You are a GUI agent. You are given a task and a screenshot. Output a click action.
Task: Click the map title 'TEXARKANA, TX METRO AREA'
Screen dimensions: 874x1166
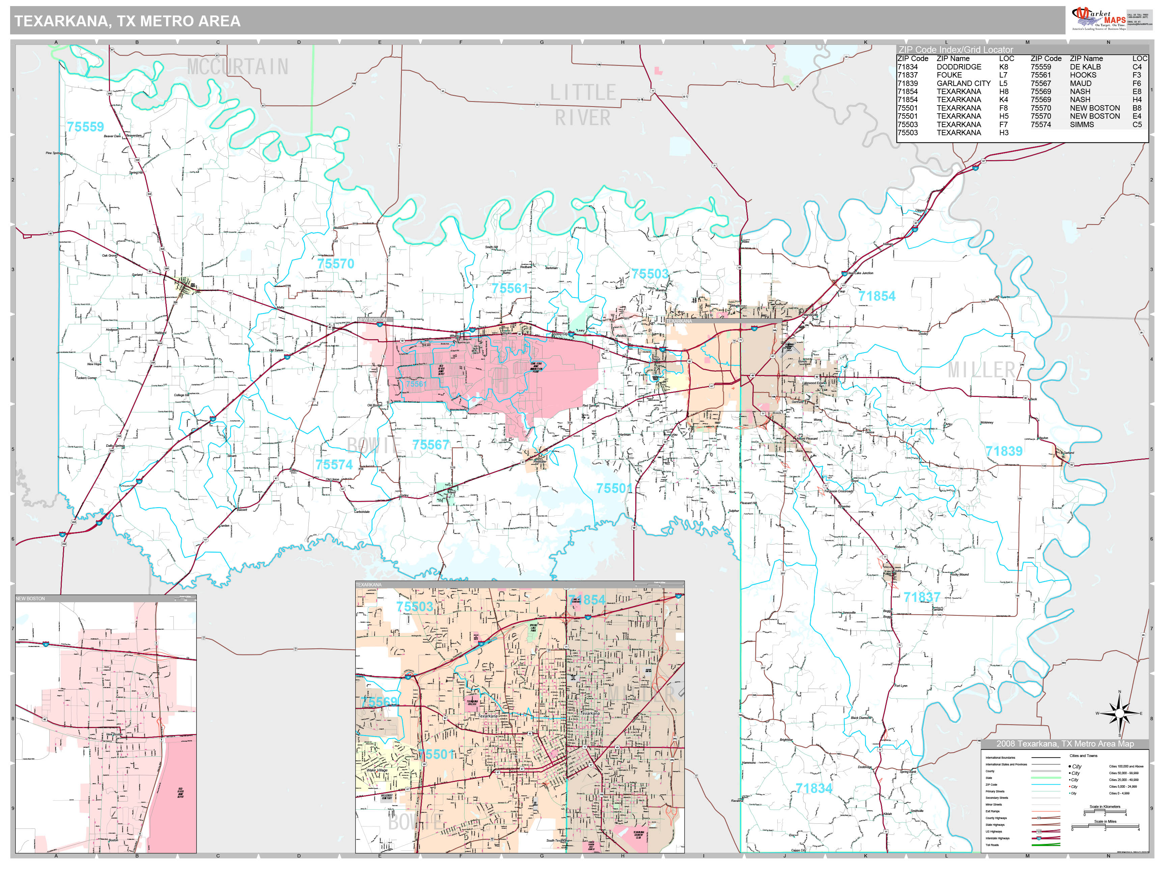(127, 21)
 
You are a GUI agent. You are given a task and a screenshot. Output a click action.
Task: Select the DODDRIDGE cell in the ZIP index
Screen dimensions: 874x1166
(959, 67)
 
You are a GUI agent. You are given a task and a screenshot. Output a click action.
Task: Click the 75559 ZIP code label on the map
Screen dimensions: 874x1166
(85, 127)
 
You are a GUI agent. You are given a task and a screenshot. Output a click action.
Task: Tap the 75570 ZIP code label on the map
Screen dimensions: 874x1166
(336, 263)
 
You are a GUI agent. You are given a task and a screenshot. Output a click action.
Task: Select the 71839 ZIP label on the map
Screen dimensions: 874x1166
(1004, 451)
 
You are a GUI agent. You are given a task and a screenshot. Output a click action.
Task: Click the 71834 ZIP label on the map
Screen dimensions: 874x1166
(813, 788)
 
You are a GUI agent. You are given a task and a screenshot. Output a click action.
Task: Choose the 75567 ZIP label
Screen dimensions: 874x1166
(431, 445)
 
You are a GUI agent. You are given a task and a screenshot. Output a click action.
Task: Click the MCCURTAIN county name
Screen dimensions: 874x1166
(238, 67)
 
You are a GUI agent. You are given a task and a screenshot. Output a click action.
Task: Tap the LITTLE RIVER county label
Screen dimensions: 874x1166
(582, 105)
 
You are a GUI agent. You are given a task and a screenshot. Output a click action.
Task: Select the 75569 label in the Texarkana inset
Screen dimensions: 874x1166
(379, 702)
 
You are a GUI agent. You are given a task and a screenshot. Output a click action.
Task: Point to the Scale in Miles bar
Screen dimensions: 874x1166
(1105, 826)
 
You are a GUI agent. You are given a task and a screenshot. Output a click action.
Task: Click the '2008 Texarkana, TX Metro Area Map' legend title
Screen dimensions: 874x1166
(1065, 744)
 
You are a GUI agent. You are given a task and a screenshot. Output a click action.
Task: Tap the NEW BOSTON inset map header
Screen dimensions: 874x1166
(31, 599)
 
